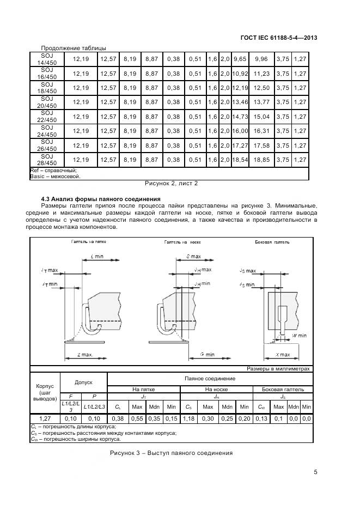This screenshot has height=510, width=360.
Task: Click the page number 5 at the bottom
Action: point(315,472)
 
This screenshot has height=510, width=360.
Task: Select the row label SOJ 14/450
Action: point(47,59)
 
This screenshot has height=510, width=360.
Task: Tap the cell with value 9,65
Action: point(240,59)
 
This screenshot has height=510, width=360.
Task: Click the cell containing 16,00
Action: point(240,131)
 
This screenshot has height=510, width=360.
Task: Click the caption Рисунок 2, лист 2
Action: point(171,184)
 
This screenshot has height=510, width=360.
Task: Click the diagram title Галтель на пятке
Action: point(88,241)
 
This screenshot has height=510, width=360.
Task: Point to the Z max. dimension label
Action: point(85,355)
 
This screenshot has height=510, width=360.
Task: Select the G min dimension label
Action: point(206,355)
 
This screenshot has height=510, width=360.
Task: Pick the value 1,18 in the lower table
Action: point(189,418)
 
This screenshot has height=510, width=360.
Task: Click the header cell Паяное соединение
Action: point(210,378)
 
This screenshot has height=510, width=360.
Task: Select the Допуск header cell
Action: point(84,382)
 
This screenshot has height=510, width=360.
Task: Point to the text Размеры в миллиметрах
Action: point(278,369)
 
